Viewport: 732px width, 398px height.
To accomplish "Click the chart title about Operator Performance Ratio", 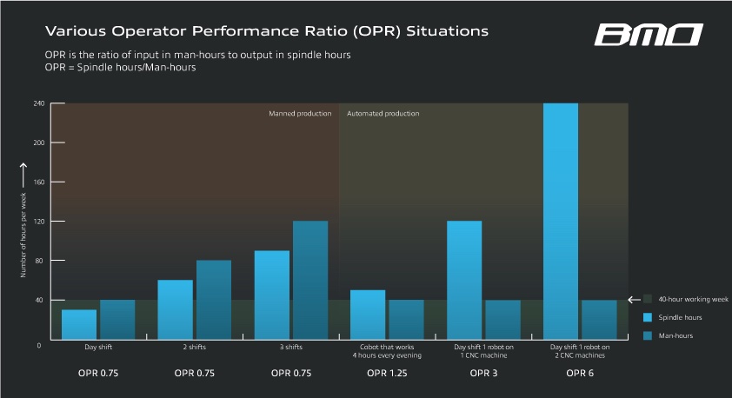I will tap(266, 31).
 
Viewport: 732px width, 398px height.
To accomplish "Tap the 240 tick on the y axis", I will tap(38, 103).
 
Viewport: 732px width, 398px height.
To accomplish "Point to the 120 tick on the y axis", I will tap(38, 222).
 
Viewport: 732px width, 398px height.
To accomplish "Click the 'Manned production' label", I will tap(300, 114).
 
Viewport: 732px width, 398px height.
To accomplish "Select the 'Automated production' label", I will tap(383, 114).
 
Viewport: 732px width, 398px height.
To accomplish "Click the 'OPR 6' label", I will tap(576, 374).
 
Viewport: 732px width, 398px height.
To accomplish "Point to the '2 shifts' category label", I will tap(195, 347).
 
